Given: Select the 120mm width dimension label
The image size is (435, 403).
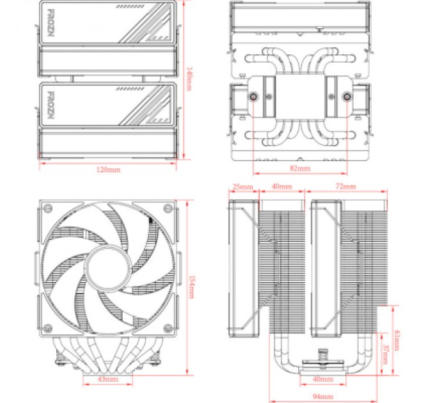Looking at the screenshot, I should click(x=109, y=170).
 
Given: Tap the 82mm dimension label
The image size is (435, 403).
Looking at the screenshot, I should click(x=299, y=169).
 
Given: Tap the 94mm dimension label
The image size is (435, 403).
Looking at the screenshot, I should click(x=323, y=397).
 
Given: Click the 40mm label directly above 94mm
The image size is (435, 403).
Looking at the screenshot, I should click(x=323, y=380).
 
